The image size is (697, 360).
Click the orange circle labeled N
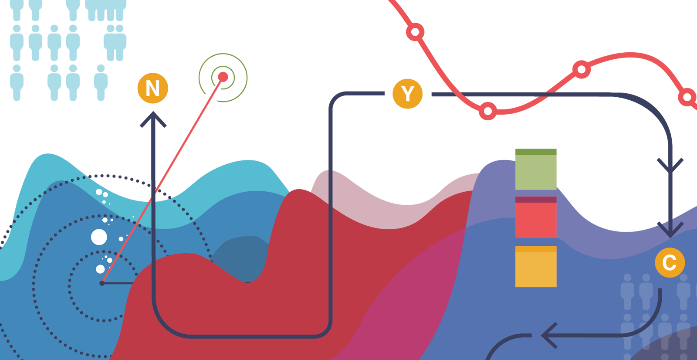153,88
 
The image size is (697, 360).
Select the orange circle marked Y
407,93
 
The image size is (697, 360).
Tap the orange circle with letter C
670,262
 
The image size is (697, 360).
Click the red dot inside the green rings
223,77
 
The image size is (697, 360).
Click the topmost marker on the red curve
415,32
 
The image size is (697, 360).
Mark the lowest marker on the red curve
488,112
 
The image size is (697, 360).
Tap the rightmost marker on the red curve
687,97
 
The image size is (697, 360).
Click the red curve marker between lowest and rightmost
581,69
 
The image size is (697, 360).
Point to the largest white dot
99,237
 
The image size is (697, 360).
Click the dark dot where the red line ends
102,283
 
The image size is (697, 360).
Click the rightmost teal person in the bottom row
101,83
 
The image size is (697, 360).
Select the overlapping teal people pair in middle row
115,42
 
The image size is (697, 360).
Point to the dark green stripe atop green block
536,152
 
